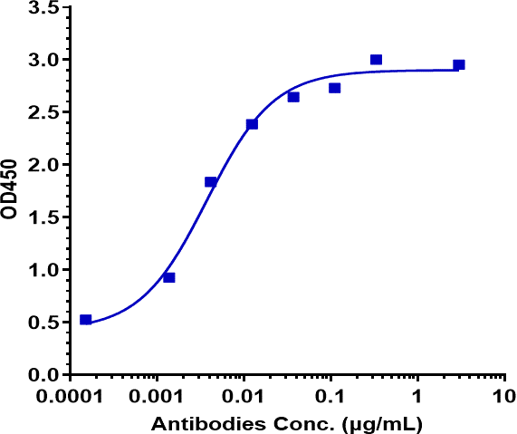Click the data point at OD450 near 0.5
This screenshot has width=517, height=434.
coord(85,320)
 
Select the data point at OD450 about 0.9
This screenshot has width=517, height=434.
coord(169,277)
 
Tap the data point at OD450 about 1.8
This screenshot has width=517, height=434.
coord(211,182)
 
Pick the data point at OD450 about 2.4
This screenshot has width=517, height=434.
coord(252,124)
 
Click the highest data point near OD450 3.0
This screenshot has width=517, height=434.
coord(376,60)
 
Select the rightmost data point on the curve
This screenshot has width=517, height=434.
coord(459,65)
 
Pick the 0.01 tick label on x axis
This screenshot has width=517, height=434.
coord(244,398)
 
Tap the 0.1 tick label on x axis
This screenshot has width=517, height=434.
coord(330,398)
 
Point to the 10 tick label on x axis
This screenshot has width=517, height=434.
coord(503,398)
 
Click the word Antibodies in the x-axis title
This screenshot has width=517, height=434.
coord(195,423)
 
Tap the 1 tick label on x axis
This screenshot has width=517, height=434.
coord(417,398)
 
